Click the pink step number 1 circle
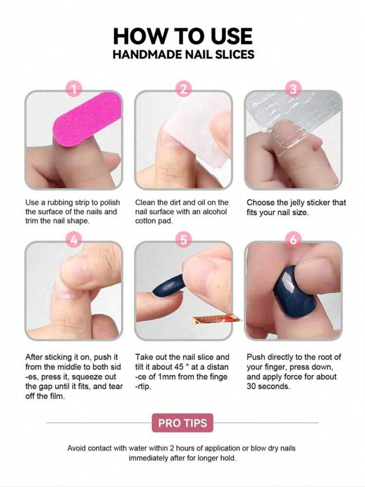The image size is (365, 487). point(74,89)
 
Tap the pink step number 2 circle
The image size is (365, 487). point(184,89)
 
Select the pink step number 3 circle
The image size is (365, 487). point(293,89)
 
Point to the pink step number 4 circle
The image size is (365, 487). point(74,240)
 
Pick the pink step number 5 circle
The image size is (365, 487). point(184,240)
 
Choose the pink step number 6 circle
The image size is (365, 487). point(293,240)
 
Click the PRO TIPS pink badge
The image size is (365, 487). point(182,423)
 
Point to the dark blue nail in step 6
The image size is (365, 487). point(294,292)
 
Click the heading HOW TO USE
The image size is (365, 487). point(182,36)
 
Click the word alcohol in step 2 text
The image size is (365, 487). point(215,212)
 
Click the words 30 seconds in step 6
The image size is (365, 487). point(268,387)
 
